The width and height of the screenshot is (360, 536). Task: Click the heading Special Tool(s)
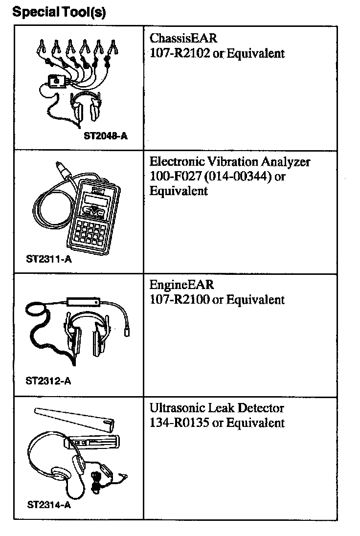pyautogui.click(x=59, y=12)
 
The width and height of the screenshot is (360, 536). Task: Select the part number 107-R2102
pyautogui.click(x=180, y=53)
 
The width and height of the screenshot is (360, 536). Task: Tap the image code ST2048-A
pyautogui.click(x=106, y=136)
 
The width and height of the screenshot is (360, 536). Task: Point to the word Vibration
pyautogui.click(x=238, y=161)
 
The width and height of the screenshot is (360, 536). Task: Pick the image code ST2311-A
pyautogui.click(x=48, y=260)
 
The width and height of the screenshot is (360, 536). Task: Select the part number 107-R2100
pyautogui.click(x=180, y=299)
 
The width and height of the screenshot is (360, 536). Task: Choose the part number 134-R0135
pyautogui.click(x=180, y=423)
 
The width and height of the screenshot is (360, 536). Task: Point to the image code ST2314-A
pyautogui.click(x=48, y=504)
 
